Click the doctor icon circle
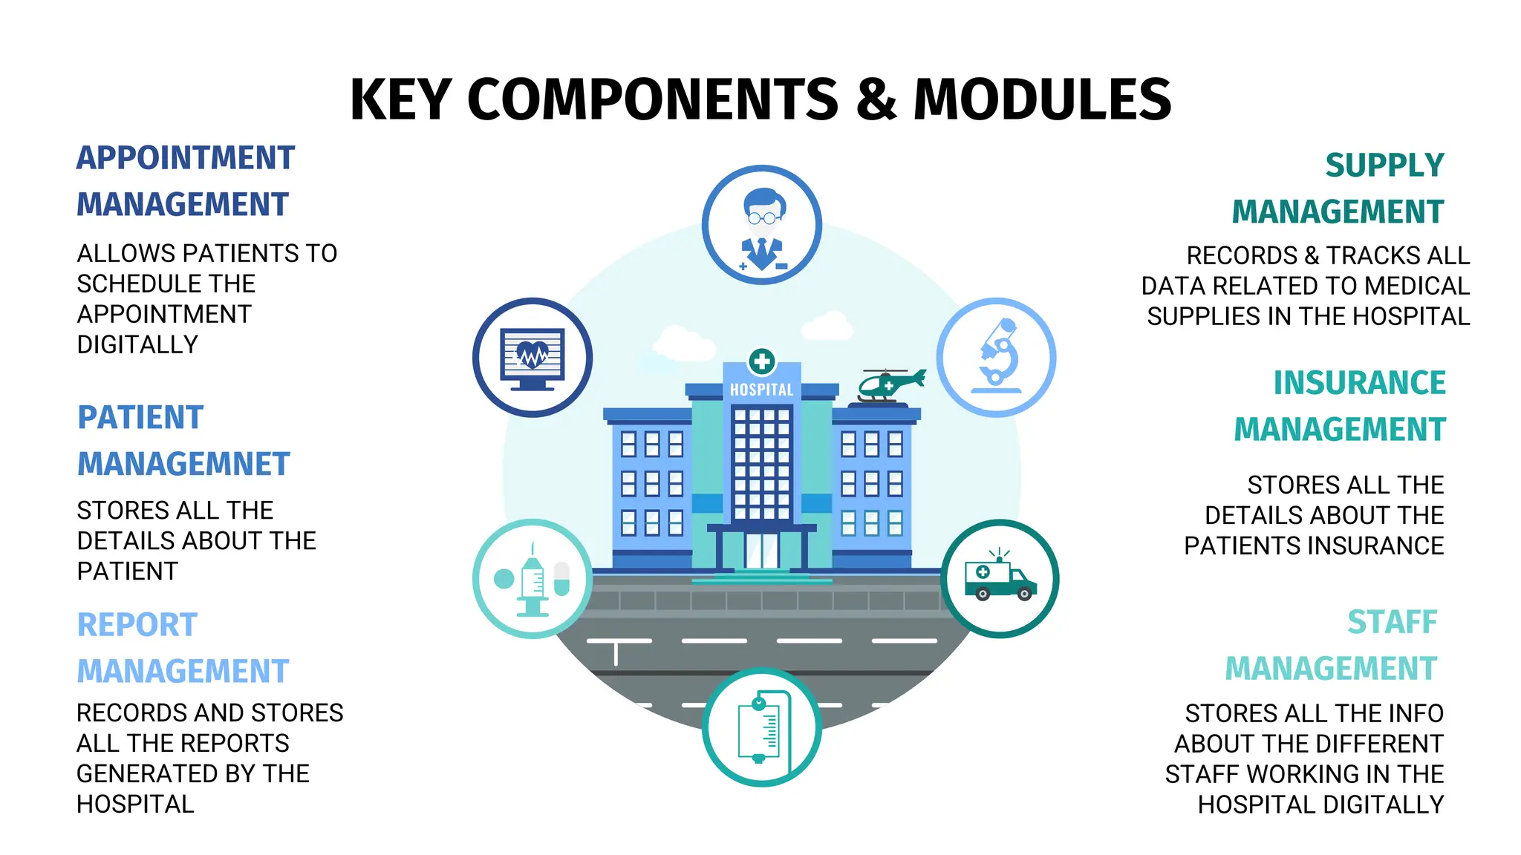coord(761,224)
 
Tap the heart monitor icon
coord(532,357)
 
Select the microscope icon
coord(996,357)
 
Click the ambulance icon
coord(1000,578)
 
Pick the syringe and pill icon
coord(532,578)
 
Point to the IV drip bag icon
coord(761,727)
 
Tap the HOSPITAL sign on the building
coord(761,390)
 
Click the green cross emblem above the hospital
coord(761,362)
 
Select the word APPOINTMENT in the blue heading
coord(186,158)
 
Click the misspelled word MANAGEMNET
coord(183,465)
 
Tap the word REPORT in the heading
coord(137,625)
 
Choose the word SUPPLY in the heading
coord(1384,165)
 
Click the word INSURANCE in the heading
coord(1360,383)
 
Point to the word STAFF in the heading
coord(1393,622)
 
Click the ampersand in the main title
coord(876,99)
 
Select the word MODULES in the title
coord(1043,99)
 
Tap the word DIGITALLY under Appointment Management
coord(137,344)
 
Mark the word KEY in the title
coord(400,99)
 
